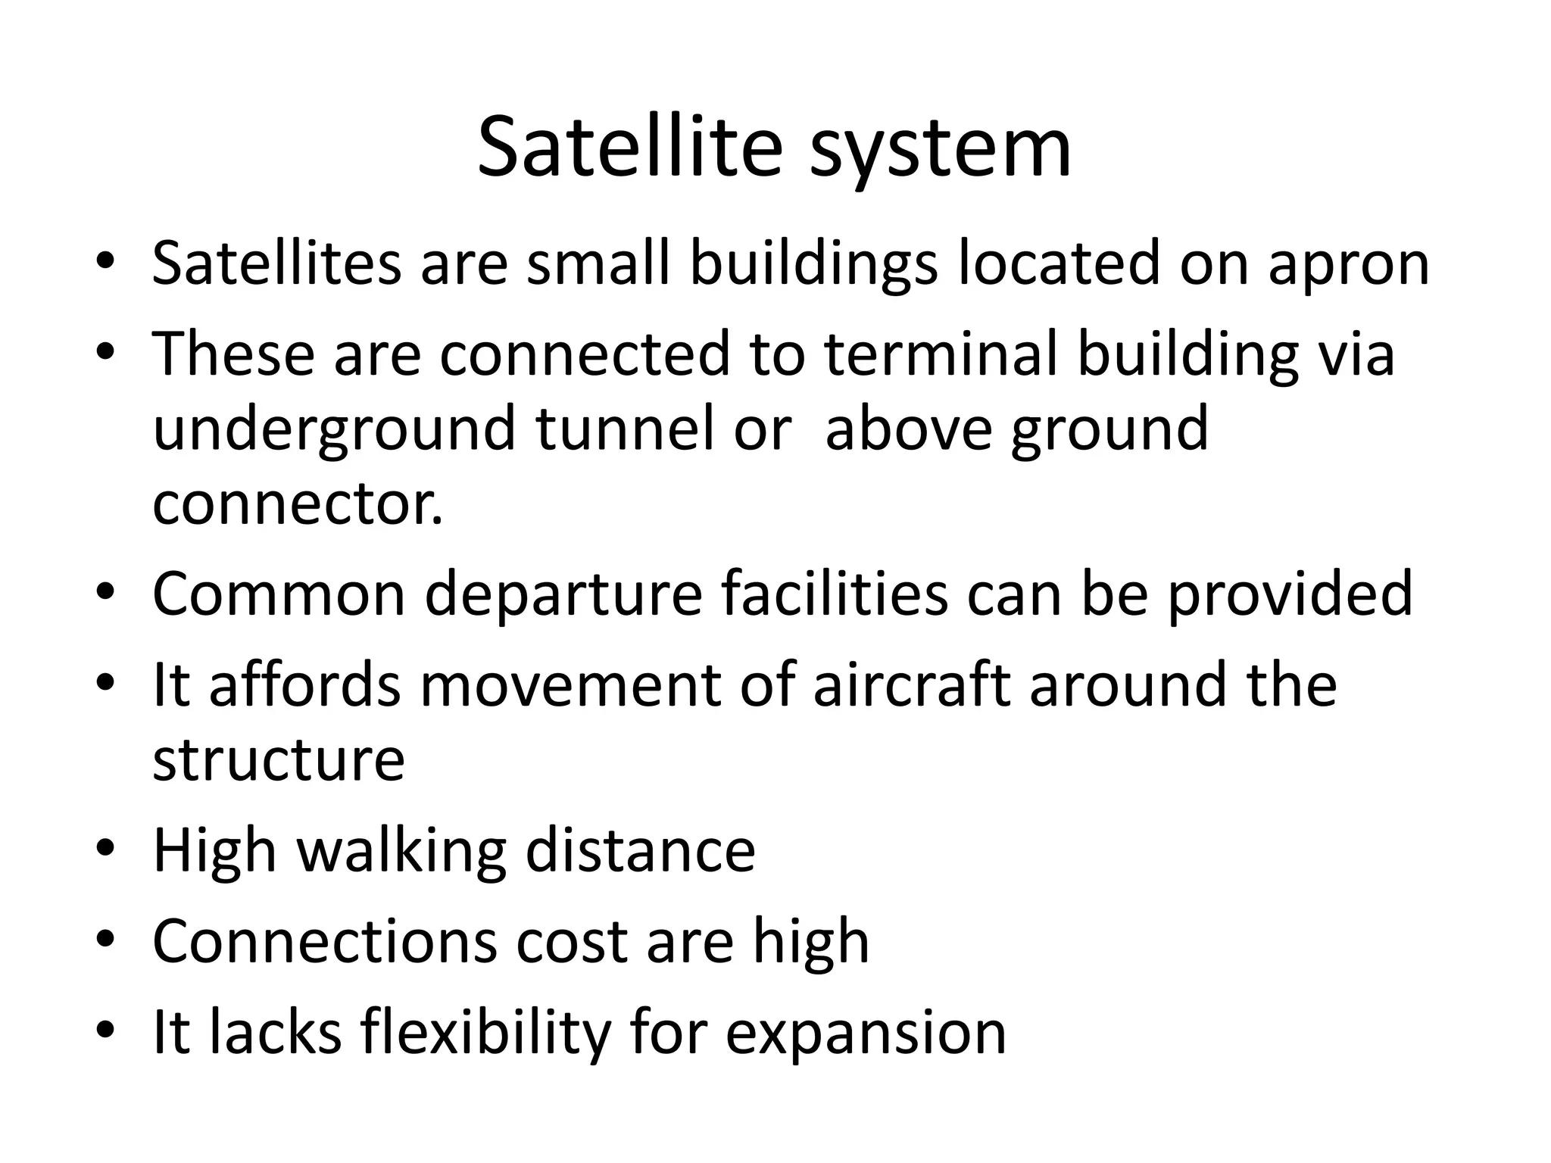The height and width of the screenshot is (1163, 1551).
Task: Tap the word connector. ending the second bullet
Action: coord(298,504)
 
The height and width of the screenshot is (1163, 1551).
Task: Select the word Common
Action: coord(279,594)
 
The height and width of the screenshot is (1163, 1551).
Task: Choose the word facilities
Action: coord(834,594)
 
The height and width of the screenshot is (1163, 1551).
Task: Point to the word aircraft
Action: coord(912,684)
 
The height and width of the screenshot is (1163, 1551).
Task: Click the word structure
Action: coord(279,759)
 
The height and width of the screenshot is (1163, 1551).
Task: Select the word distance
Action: coord(640,850)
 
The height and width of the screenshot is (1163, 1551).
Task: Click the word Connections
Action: coord(324,941)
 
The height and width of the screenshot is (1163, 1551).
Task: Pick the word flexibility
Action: coord(485,1034)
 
